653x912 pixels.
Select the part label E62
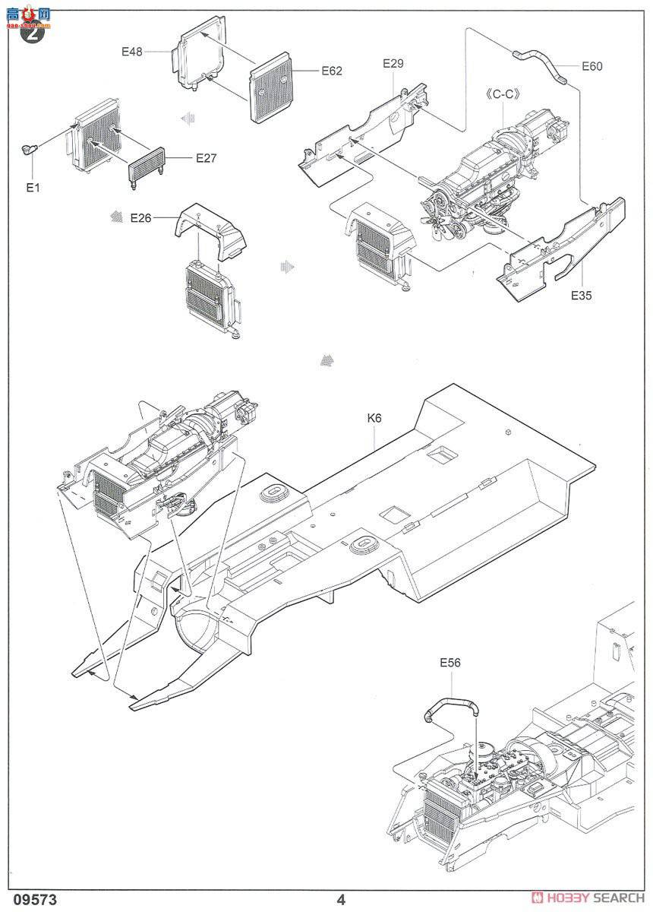[x=332, y=71]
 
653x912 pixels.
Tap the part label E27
[x=207, y=158]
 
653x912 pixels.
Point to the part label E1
[x=32, y=188]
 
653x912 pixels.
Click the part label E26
[x=141, y=218]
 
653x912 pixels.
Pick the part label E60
[x=591, y=66]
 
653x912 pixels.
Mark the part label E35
[x=582, y=296]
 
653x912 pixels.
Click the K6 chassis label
[x=374, y=418]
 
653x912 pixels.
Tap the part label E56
[x=450, y=663]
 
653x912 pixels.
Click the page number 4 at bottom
[x=342, y=899]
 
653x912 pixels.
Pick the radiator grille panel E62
[x=271, y=87]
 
